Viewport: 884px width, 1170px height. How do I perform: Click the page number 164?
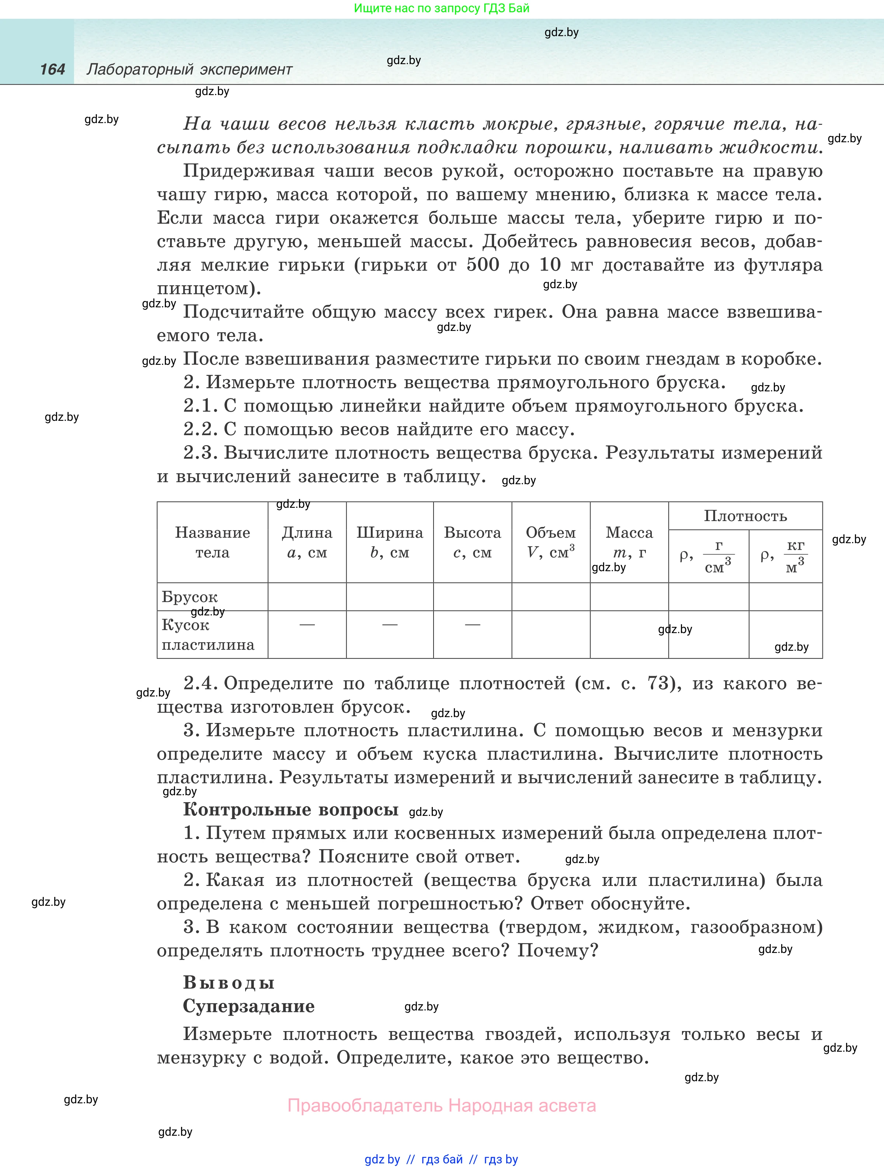52,69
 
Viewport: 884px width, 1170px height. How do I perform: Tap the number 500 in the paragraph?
483,265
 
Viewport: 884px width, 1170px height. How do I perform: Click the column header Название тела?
212,542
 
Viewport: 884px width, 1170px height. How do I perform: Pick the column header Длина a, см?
307,542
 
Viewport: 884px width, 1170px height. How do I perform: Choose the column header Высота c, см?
473,542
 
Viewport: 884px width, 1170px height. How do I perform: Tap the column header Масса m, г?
629,542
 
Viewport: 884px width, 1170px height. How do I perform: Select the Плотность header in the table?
745,516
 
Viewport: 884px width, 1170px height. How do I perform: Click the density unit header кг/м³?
786,556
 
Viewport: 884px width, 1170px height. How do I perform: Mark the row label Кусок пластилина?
208,635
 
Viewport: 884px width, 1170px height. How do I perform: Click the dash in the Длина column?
307,625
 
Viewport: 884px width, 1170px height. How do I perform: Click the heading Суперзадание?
248,1006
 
